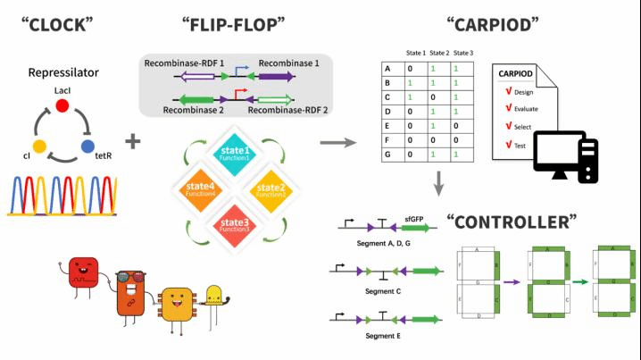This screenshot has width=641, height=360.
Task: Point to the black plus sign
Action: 133,141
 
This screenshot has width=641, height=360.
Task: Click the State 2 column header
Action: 440,51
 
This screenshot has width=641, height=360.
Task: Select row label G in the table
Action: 387,155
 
